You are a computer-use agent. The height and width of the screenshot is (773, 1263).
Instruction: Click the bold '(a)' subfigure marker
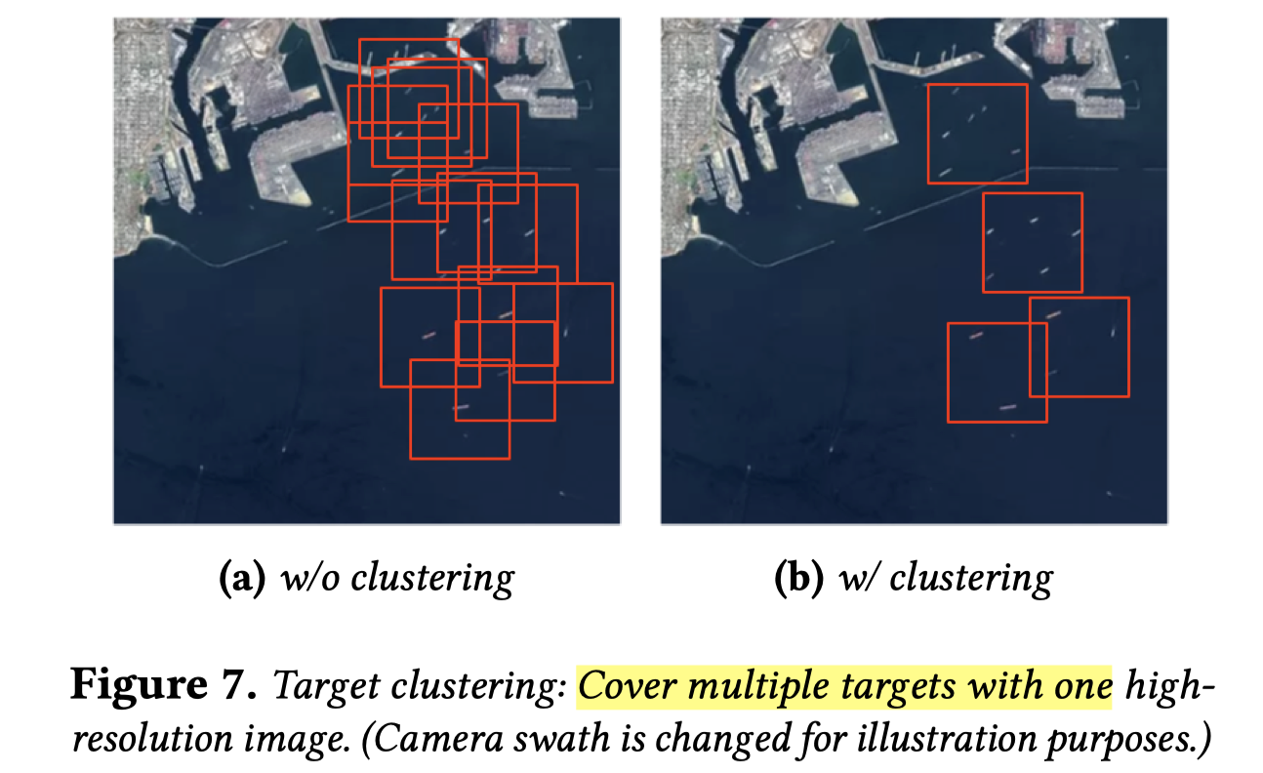(x=238, y=579)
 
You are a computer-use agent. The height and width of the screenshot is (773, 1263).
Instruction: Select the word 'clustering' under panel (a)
(x=431, y=579)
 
